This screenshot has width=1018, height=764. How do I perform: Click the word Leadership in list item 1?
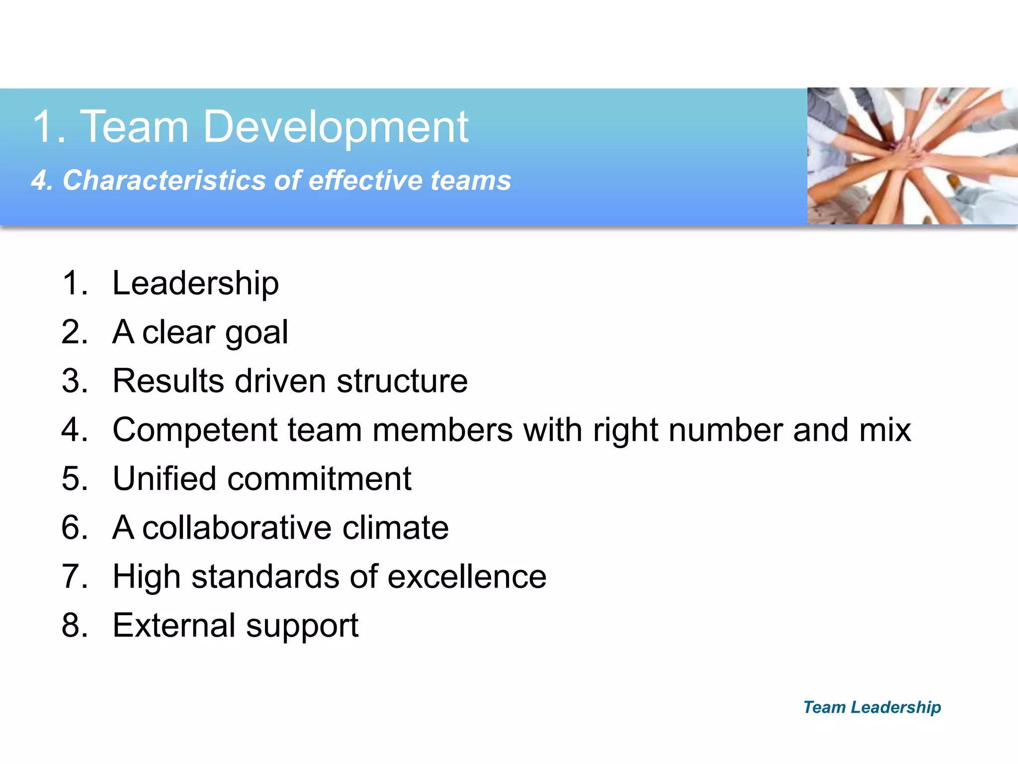click(195, 284)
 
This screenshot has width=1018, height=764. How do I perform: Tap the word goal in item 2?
click(256, 333)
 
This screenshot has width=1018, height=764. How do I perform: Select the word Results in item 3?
click(168, 381)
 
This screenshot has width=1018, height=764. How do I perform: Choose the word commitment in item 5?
click(319, 478)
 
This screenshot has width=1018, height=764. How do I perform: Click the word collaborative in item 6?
click(237, 527)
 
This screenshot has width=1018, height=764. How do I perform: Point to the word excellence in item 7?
click(467, 576)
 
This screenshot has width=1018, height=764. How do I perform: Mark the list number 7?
click(74, 576)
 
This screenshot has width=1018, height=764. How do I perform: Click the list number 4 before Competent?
click(74, 430)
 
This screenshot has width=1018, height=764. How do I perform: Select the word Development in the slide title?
click(336, 127)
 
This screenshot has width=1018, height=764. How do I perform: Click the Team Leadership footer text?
click(872, 707)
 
